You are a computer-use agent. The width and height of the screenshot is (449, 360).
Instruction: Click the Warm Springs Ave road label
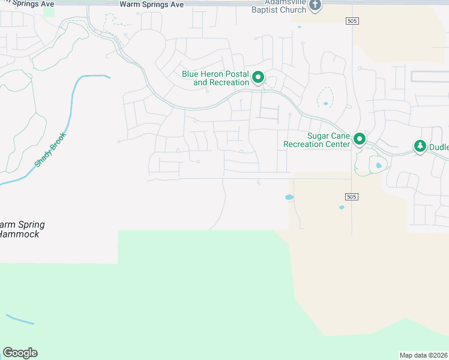pyautogui.click(x=151, y=4)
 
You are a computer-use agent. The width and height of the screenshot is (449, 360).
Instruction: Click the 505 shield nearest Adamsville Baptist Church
pyautogui.click(x=352, y=21)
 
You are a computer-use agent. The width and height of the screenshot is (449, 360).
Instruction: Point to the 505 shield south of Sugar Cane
pyautogui.click(x=352, y=197)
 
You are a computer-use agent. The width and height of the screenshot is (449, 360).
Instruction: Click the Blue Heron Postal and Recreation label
pyautogui.click(x=215, y=78)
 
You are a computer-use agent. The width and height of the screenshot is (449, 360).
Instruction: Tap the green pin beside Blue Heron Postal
pyautogui.click(x=259, y=77)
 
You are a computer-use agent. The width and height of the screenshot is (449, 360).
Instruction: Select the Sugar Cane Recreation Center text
pyautogui.click(x=316, y=140)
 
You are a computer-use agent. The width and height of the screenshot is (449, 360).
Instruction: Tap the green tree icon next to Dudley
pyautogui.click(x=420, y=146)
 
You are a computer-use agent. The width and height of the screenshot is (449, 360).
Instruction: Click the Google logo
pyautogui.click(x=20, y=353)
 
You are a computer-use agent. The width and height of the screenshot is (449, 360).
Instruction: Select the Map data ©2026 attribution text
pyautogui.click(x=423, y=355)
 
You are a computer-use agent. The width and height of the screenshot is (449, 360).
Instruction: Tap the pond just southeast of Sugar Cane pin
pyautogui.click(x=378, y=166)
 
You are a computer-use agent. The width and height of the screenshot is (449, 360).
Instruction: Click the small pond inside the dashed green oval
pyautogui.click(x=325, y=103)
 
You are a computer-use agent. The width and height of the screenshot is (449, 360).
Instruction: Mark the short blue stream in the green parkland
pyautogui.click(x=20, y=319)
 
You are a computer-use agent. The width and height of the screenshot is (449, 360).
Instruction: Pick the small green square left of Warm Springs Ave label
pyautogui.click(x=49, y=11)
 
